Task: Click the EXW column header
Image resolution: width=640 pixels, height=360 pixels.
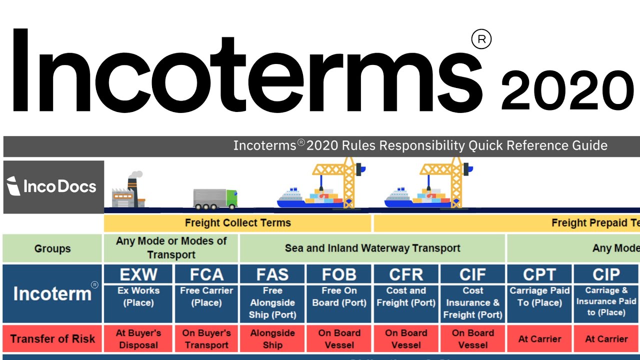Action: pos(138,274)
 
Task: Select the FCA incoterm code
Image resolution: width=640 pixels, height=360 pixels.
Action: pos(206,274)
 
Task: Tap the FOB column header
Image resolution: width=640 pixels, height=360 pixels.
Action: pos(338,274)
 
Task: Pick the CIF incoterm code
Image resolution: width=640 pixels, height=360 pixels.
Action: pos(472,274)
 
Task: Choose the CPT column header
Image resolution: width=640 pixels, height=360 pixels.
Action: pos(539,274)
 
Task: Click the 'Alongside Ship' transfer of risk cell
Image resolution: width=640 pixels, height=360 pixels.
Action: pos(272,338)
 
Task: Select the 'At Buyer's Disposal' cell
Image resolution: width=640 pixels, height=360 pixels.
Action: pos(138,338)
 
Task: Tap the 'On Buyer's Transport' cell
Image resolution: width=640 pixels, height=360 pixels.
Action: pos(206,338)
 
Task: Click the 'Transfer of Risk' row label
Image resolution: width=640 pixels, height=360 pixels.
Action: pos(52,338)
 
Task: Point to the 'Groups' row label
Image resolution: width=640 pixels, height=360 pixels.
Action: pos(52,248)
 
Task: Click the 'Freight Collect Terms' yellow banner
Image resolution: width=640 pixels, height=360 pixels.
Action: pos(237,223)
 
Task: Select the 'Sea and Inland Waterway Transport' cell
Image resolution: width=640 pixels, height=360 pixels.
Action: pos(372,248)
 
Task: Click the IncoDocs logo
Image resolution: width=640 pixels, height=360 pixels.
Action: pos(53,186)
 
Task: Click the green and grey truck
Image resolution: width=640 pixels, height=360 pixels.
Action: pos(215,198)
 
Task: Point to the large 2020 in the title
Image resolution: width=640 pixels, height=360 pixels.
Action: pos(567,91)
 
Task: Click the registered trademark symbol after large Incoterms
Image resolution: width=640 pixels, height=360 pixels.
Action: pos(481,39)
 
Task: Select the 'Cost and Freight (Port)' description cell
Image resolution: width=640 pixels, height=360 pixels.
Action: pos(405,296)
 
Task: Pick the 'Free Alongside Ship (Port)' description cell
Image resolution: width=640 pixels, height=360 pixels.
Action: pos(272,302)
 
